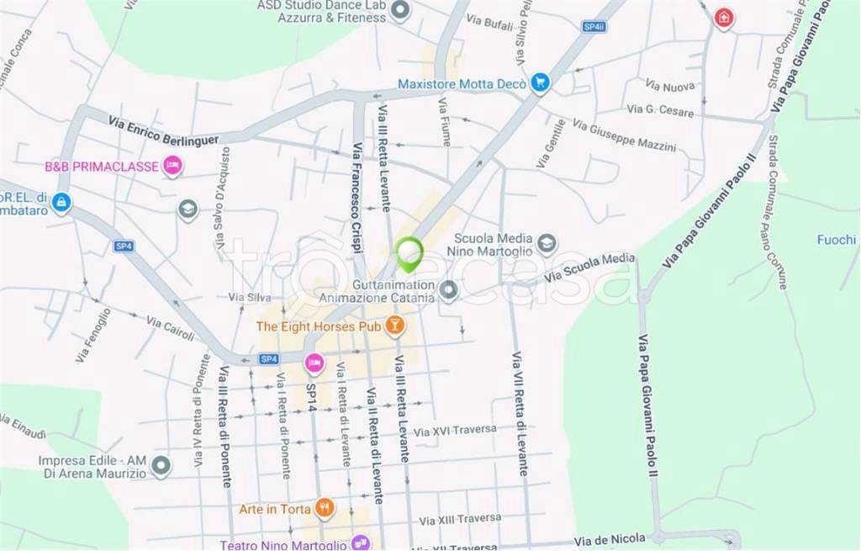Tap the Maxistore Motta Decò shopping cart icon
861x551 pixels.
[540, 82]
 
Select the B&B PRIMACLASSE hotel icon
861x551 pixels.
[172, 166]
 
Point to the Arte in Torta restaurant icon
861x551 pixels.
[324, 508]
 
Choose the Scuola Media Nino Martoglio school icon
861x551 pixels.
[547, 244]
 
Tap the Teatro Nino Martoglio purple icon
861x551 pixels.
[361, 543]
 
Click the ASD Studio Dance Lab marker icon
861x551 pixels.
[401, 11]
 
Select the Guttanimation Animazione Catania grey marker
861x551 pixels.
[449, 291]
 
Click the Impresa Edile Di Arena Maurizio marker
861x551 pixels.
[161, 464]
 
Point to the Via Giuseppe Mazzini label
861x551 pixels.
[624, 135]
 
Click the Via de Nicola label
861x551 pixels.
[610, 538]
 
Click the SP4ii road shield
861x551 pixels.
[594, 27]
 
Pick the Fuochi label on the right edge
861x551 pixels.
[836, 240]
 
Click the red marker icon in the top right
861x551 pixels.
[722, 18]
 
